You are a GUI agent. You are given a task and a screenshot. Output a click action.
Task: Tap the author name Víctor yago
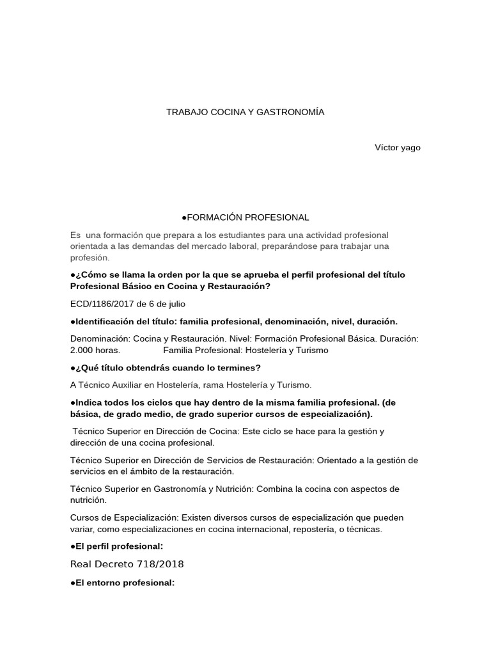coord(398,148)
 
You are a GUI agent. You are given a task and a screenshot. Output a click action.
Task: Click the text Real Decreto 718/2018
coord(127,564)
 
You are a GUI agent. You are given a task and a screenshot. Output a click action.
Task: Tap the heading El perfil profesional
coord(118,546)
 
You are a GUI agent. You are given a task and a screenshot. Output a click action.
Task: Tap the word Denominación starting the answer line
coord(100,338)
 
